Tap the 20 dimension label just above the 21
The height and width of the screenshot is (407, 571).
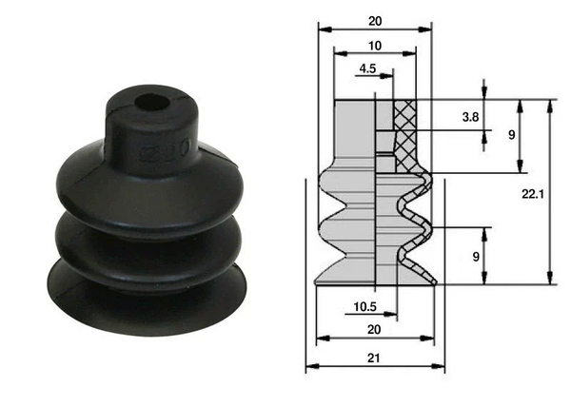[x=374, y=329]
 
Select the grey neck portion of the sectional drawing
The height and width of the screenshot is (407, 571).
[x=354, y=133]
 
